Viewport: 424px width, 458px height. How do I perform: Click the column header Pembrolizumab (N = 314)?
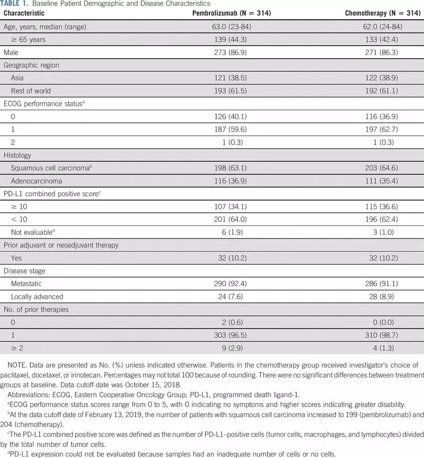232,13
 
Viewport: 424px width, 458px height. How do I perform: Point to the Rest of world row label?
30,91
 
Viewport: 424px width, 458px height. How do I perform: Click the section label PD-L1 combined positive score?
51,194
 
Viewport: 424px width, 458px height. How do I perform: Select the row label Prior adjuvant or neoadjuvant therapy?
61,245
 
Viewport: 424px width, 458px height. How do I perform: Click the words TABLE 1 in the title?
11,4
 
